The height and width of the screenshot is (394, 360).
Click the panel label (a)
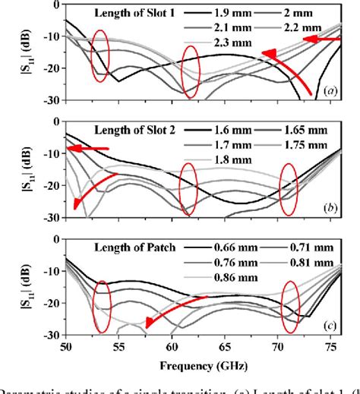329,90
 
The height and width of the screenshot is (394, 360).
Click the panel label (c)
329,325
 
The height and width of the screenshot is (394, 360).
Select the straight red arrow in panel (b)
88,149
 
